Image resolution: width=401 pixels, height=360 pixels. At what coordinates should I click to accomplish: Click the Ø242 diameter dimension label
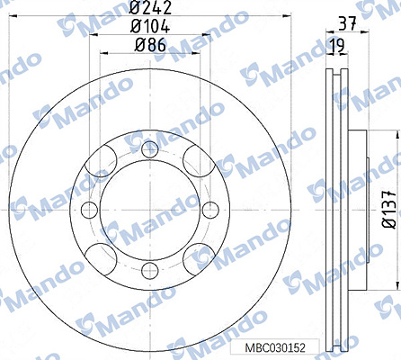(x=150, y=7)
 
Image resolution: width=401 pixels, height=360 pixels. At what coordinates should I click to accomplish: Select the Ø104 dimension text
(x=150, y=26)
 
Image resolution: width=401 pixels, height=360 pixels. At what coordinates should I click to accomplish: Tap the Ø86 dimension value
(x=150, y=45)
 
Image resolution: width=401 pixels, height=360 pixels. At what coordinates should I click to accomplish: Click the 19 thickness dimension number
(x=337, y=46)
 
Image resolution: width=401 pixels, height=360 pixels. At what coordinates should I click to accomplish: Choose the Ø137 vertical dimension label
(x=390, y=209)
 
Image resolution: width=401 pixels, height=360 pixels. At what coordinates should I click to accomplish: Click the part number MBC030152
(x=275, y=348)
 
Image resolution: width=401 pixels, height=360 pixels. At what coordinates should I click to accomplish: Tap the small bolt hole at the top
(x=150, y=149)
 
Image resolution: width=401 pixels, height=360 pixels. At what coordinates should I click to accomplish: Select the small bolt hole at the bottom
(x=150, y=271)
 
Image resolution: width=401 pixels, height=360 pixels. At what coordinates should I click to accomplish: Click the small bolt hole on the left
(x=90, y=210)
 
